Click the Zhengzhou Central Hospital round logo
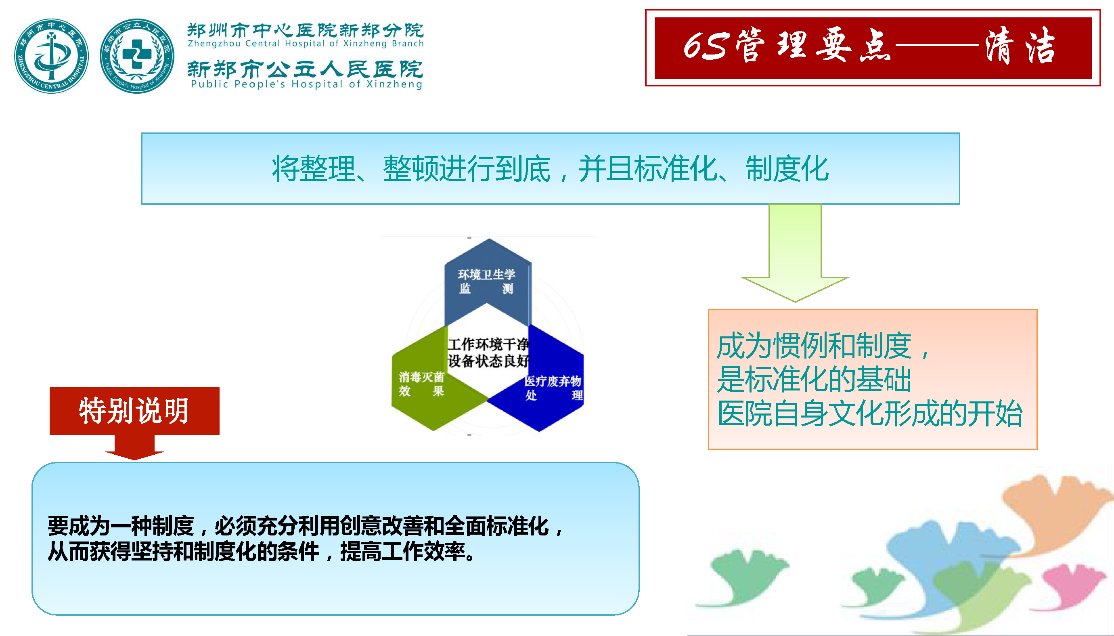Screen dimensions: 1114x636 coord(52,55)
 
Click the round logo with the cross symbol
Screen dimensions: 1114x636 coord(137,55)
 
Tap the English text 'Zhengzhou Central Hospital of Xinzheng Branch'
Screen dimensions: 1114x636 coord(306,43)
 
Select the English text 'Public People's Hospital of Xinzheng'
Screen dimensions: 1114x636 coord(306,84)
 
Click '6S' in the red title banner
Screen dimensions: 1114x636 coord(706,46)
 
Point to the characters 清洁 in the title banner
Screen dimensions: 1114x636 coord(1020,45)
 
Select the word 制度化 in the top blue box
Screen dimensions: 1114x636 coord(787,169)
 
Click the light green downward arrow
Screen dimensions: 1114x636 coord(795,253)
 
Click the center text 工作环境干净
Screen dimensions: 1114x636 coord(488,344)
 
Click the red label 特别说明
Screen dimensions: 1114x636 coord(134,411)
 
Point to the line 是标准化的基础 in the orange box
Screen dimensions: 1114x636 coord(814,379)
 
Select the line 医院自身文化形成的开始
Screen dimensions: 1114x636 coord(870,413)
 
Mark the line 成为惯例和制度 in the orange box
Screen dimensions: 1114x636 coord(815,346)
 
